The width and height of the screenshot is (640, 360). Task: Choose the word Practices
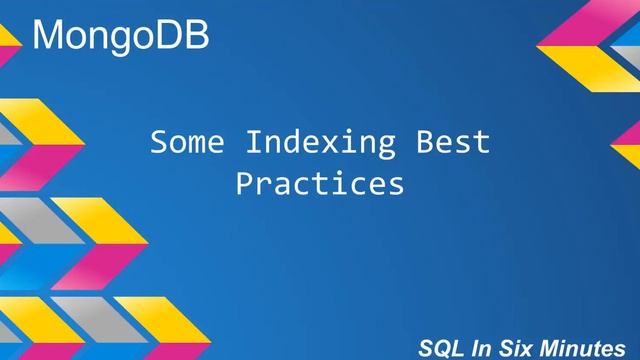(320, 185)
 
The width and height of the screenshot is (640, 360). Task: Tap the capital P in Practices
(244, 185)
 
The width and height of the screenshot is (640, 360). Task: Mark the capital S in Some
(158, 143)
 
